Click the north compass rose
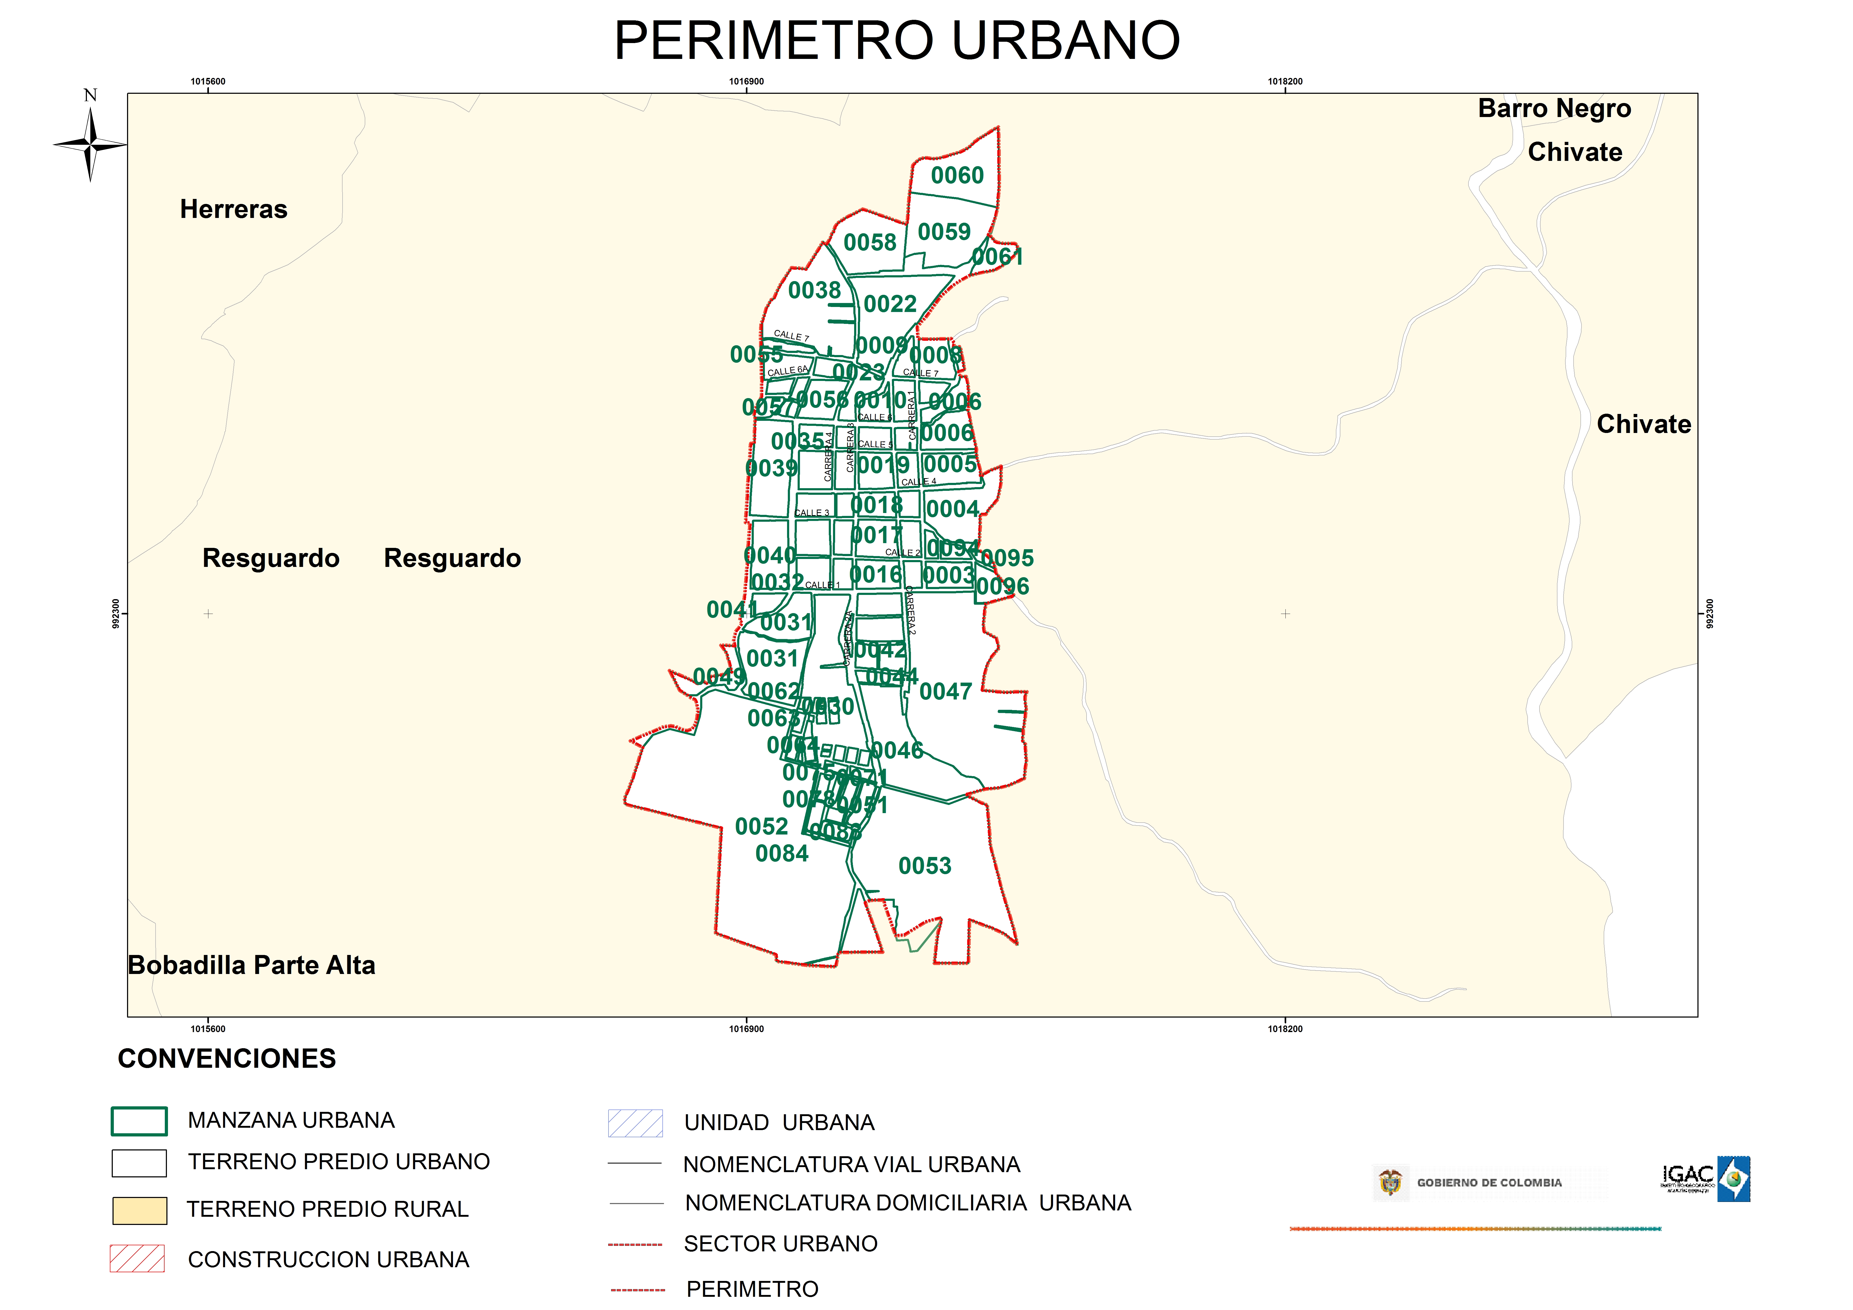pos(90,144)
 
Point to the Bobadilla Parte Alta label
pos(252,965)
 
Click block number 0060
pos(957,175)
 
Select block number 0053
pos(925,866)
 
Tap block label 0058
pos(870,242)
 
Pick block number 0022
pos(890,304)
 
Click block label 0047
pos(946,692)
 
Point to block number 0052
pos(761,827)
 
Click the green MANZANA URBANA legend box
pos(139,1121)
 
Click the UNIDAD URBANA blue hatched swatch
pos(635,1123)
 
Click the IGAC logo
pos(1706,1179)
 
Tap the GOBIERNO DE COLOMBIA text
pos(1489,1182)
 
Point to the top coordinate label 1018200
pos(1285,82)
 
